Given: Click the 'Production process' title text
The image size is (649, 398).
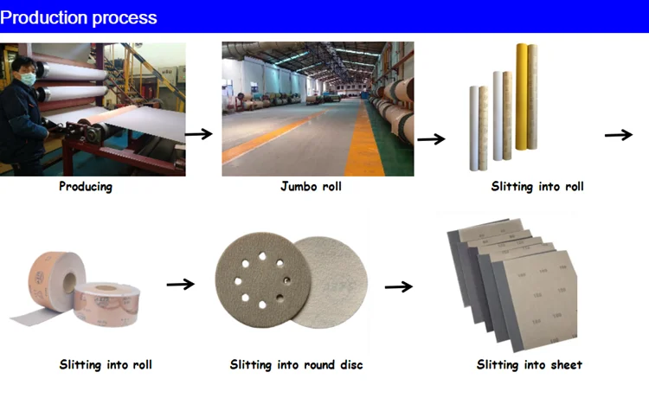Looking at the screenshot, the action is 79,17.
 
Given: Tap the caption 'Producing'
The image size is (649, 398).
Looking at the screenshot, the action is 85,186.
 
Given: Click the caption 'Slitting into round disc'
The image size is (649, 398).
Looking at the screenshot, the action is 296,365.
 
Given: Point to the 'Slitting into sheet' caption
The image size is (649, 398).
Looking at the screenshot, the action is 530,365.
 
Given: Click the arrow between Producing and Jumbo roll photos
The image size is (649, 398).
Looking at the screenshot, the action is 199,133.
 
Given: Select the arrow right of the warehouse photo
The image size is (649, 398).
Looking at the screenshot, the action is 432,138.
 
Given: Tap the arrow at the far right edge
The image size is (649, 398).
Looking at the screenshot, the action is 619,134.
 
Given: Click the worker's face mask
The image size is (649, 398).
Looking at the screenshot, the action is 27,79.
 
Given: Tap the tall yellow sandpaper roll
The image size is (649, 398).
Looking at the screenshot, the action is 521,95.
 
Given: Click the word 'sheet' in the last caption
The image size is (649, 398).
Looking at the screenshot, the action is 564,365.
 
